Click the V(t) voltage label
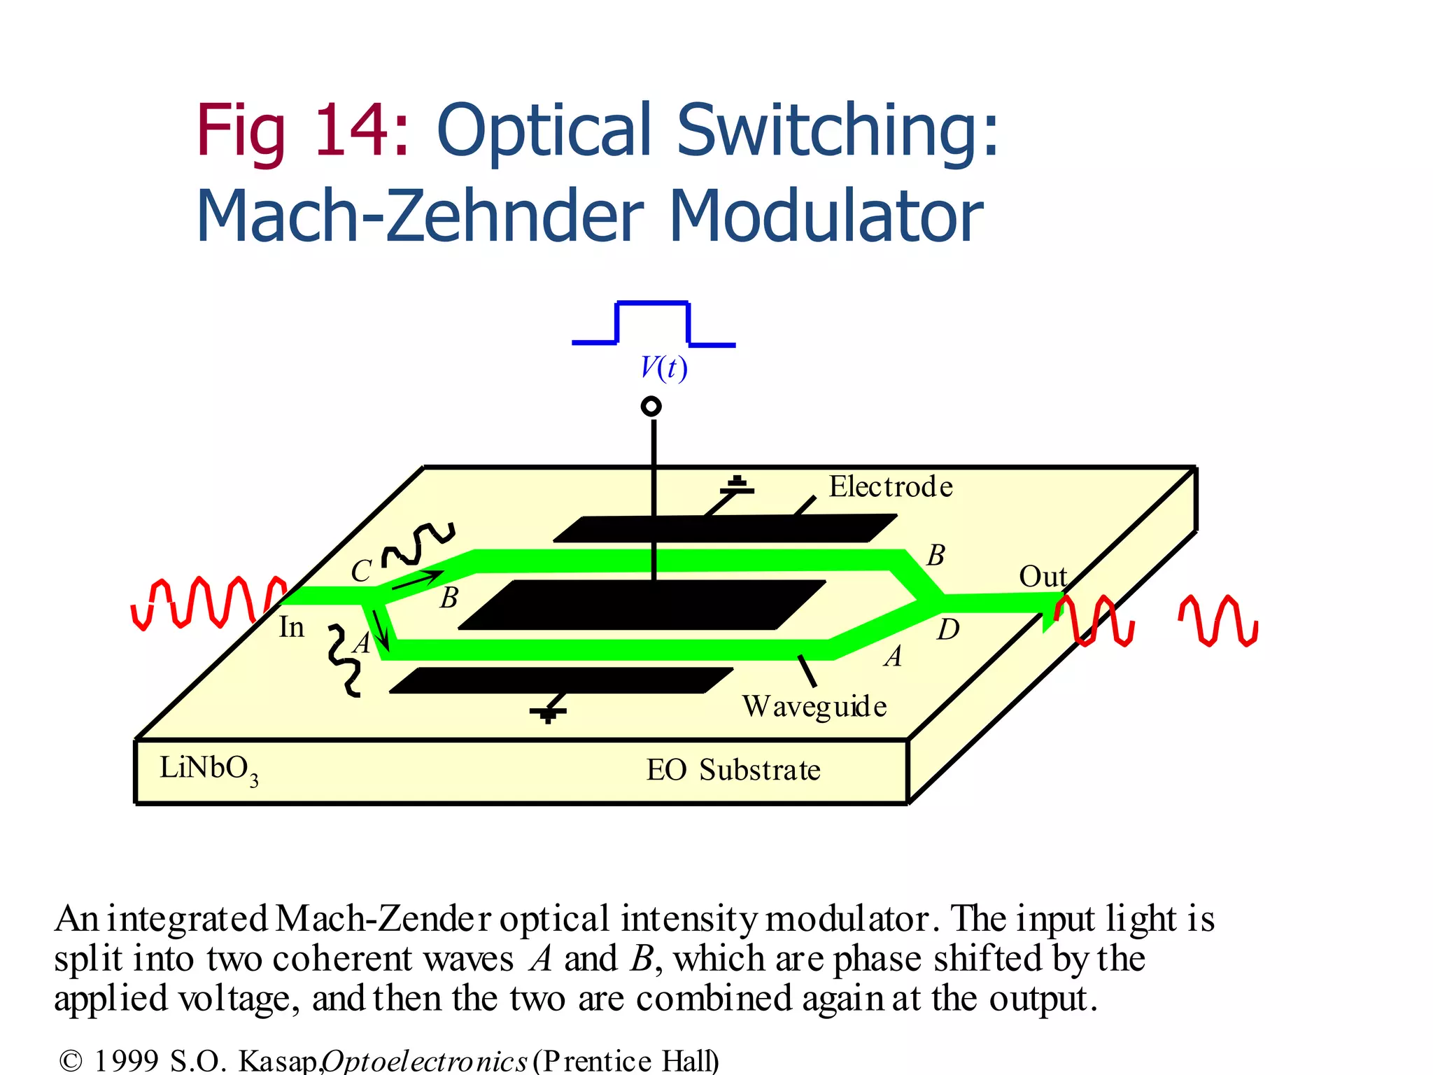point(664,367)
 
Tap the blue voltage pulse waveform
point(653,304)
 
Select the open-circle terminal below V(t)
point(651,407)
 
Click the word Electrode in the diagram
point(891,487)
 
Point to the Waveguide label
point(814,707)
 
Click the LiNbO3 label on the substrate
point(208,769)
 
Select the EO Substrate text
point(733,771)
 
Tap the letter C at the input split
point(361,571)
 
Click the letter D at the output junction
point(948,630)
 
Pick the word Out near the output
point(1043,577)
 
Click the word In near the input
point(292,627)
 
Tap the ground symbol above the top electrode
point(737,486)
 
